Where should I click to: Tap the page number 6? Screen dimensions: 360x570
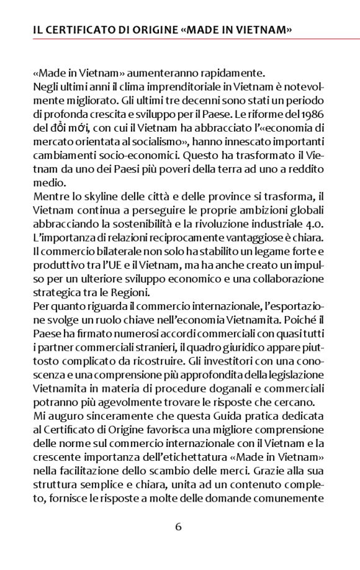179,527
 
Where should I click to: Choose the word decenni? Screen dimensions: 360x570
184,100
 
